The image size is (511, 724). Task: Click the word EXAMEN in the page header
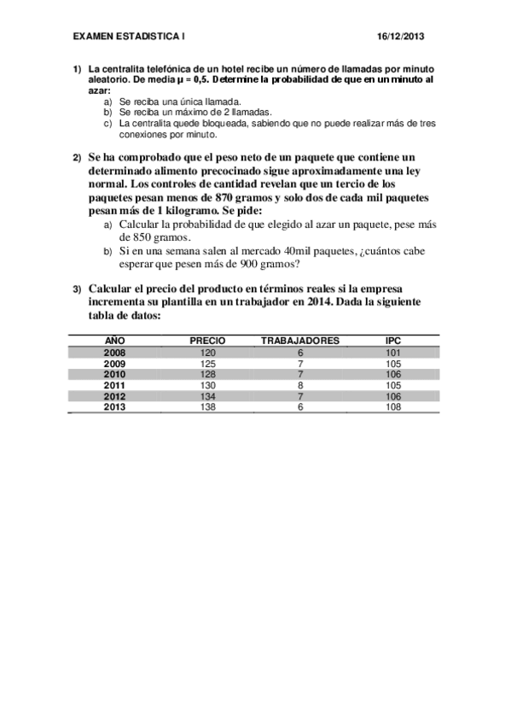click(92, 38)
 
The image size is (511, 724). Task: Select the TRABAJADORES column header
click(299, 341)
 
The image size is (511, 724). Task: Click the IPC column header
click(393, 341)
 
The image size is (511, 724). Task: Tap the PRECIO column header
click(207, 341)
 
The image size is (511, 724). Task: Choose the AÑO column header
click(114, 341)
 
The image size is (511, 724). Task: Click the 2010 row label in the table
click(114, 374)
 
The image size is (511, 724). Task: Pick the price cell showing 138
click(207, 407)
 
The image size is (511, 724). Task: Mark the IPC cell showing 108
click(393, 407)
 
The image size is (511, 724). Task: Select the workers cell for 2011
click(300, 385)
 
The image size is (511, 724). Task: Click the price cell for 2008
click(207, 352)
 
